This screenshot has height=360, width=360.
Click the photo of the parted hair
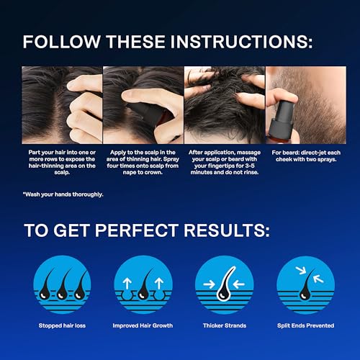(x=61, y=105)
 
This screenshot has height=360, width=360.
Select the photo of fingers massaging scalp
(x=223, y=105)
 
